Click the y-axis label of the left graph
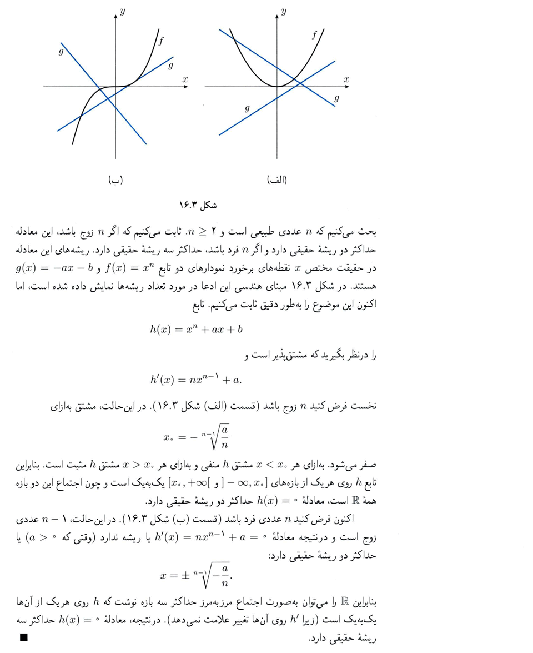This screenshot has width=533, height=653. click(x=122, y=12)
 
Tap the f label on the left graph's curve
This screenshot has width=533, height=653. click(x=162, y=41)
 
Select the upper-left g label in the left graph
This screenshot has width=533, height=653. click(x=61, y=52)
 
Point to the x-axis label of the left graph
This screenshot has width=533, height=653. click(x=185, y=80)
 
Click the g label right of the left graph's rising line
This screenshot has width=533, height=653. click(x=170, y=66)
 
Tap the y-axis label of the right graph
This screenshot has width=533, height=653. click(x=284, y=12)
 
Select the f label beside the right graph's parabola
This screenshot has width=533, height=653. click(x=314, y=36)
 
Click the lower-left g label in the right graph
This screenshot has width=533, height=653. click(x=247, y=108)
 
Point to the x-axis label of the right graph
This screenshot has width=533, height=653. click(x=346, y=80)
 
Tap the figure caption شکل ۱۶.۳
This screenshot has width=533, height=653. click(x=197, y=205)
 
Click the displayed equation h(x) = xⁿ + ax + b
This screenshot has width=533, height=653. click(x=196, y=330)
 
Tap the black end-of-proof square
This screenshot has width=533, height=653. click(x=23, y=638)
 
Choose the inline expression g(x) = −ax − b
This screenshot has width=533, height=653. click(x=53, y=271)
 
